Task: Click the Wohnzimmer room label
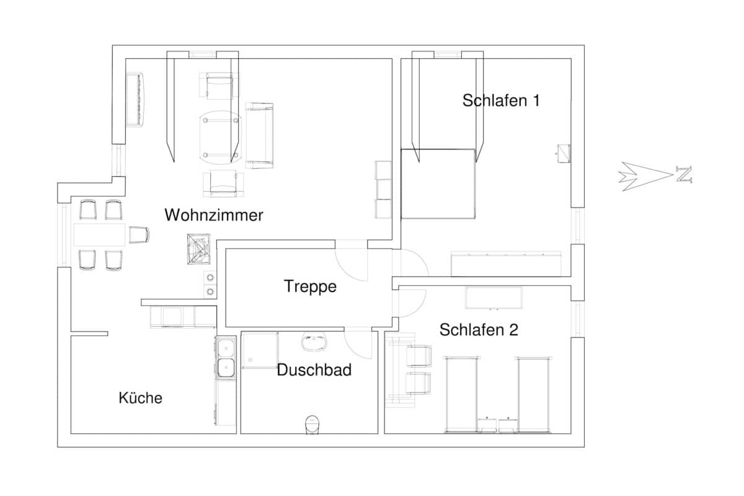tap(214, 216)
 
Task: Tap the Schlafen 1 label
tap(501, 100)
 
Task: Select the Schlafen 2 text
tap(479, 330)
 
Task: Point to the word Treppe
tap(310, 286)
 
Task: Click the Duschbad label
tap(314, 370)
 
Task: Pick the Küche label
tap(141, 398)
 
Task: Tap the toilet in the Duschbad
tap(311, 424)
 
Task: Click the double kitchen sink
tap(226, 358)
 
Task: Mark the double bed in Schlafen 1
tap(438, 184)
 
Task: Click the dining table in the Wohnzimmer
tap(99, 234)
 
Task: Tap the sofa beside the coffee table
tap(260, 135)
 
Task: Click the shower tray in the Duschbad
tap(260, 350)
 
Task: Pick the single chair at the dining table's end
tap(139, 235)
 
